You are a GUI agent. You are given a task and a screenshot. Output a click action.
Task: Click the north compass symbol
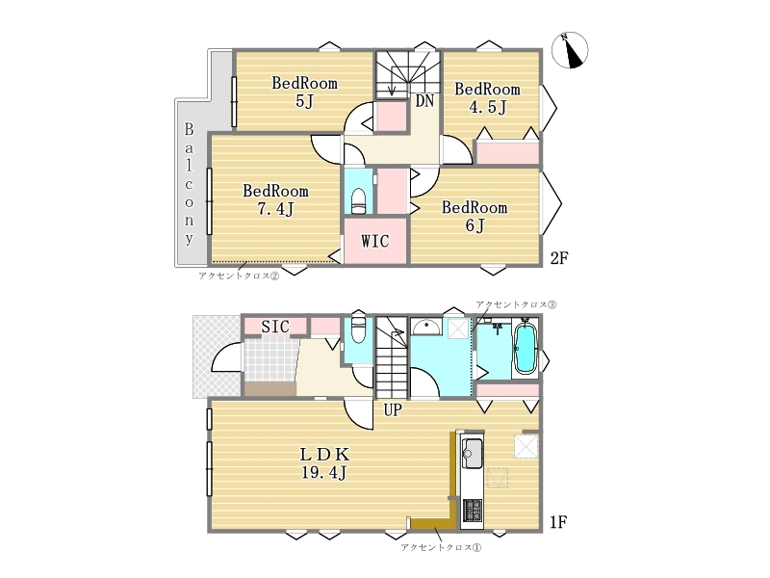tap(570, 50)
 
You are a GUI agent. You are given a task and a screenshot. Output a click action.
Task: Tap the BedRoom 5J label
tap(304, 92)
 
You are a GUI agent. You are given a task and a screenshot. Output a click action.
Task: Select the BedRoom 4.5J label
tap(487, 98)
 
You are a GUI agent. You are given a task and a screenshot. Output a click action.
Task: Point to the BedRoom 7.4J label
tap(275, 199)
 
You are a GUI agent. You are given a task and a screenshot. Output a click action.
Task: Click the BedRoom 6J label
tap(475, 216)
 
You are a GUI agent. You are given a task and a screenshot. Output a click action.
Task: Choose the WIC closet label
tap(375, 242)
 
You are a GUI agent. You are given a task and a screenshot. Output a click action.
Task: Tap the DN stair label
tap(424, 101)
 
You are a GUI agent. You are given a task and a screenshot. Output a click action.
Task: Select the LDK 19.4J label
tap(324, 463)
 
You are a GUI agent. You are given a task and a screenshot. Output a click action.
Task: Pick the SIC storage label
tap(275, 327)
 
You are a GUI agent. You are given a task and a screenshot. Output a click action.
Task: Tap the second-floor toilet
tap(359, 200)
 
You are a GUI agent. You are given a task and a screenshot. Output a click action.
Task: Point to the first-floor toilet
tap(359, 329)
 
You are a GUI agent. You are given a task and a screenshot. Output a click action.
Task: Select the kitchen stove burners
tap(472, 511)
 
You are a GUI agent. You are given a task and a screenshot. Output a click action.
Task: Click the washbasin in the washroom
tap(425, 327)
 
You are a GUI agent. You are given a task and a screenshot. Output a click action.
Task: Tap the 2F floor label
tap(559, 258)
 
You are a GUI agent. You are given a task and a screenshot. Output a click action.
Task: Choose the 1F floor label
tap(559, 522)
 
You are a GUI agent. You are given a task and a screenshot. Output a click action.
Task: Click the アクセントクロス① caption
tap(441, 547)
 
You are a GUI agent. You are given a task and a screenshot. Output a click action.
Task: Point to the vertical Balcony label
tap(189, 184)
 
